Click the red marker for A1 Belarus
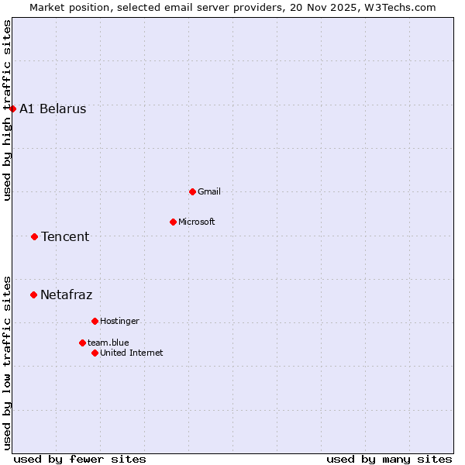click(x=13, y=108)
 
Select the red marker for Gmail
click(x=192, y=191)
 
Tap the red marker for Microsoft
click(x=173, y=222)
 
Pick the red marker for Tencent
click(x=34, y=236)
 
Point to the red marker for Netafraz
click(x=33, y=294)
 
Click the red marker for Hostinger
click(x=95, y=321)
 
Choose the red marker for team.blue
click(x=82, y=343)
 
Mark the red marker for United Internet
click(x=95, y=353)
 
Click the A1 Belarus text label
click(x=53, y=108)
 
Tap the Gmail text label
click(x=209, y=191)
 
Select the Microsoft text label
click(x=197, y=222)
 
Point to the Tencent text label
click(x=65, y=236)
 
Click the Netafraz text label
click(x=67, y=294)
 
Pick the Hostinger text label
click(x=119, y=321)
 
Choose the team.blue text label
click(x=108, y=343)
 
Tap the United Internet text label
click(x=132, y=353)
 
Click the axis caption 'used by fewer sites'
click(x=80, y=459)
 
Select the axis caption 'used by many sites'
click(x=389, y=459)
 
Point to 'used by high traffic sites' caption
click(x=7, y=110)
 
